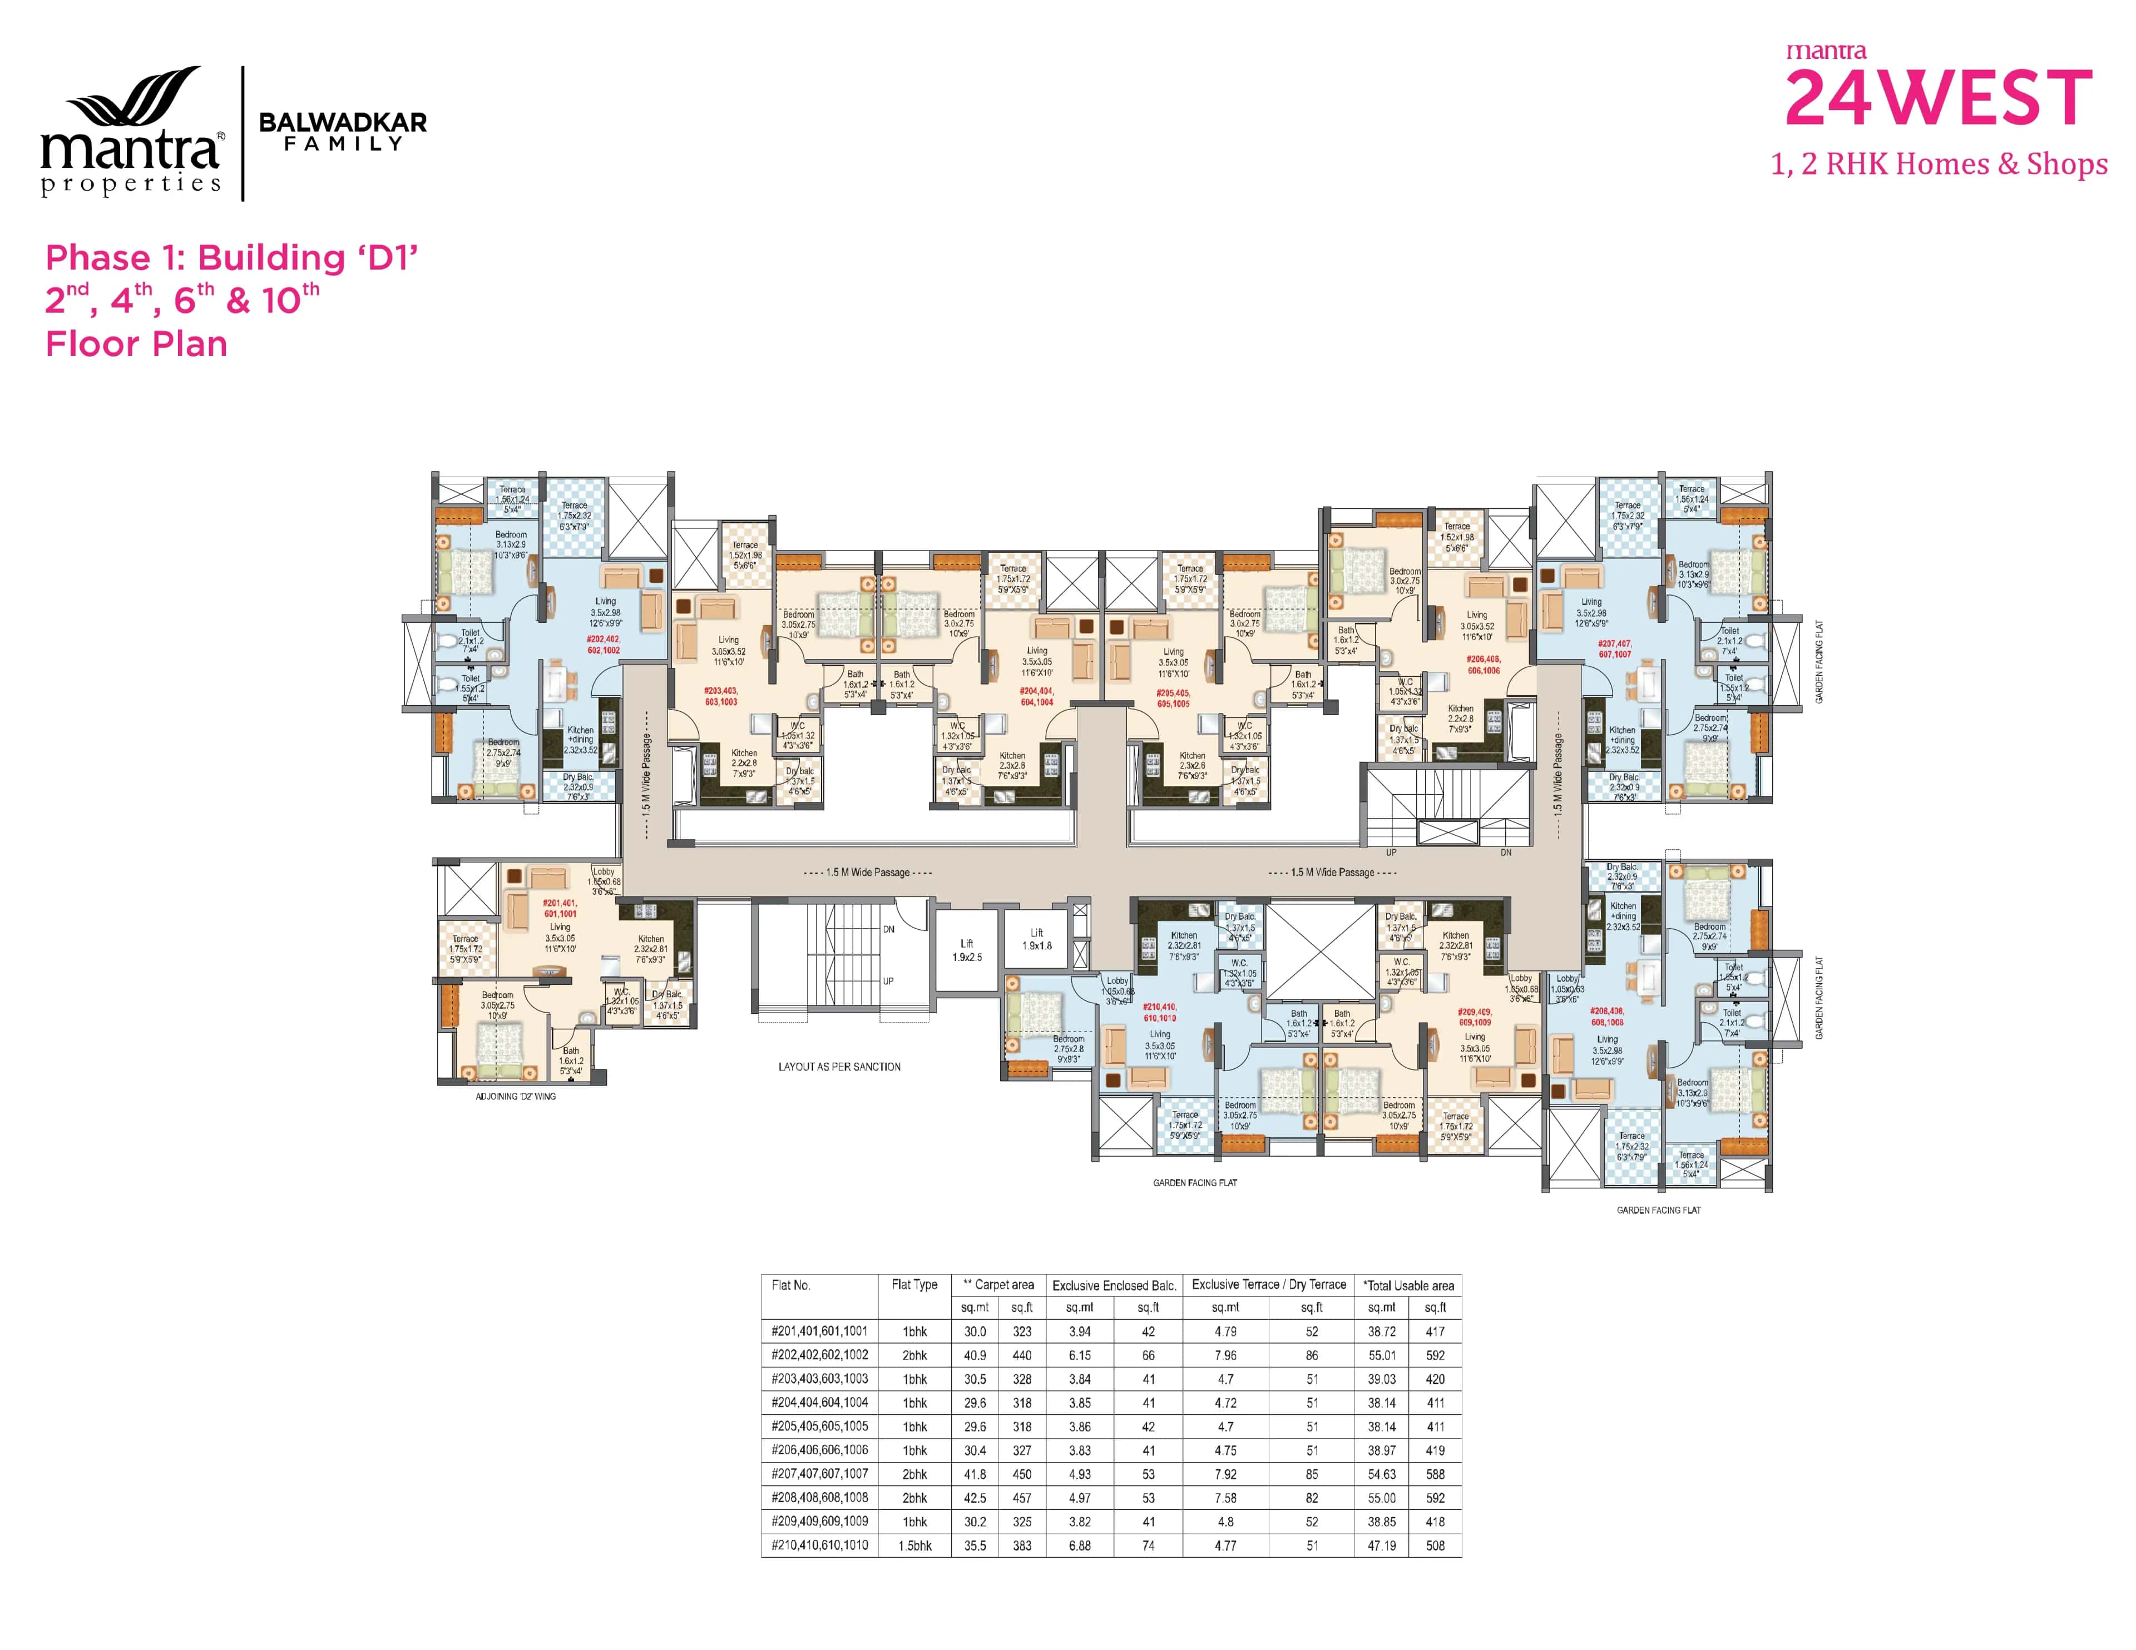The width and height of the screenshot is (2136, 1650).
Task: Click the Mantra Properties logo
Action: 132,132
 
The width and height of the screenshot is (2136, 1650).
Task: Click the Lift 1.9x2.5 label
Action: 966,950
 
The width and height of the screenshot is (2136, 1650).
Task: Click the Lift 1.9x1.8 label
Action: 1037,939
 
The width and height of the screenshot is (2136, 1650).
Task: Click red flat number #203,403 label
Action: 721,695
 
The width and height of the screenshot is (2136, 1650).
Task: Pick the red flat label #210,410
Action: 1160,1012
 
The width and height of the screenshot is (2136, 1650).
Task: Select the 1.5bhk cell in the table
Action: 914,1545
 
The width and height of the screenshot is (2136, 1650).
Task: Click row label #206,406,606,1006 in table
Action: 819,1449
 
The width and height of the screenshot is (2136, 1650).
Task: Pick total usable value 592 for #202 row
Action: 1435,1355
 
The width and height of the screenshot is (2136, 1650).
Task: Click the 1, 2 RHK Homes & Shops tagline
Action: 1939,164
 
